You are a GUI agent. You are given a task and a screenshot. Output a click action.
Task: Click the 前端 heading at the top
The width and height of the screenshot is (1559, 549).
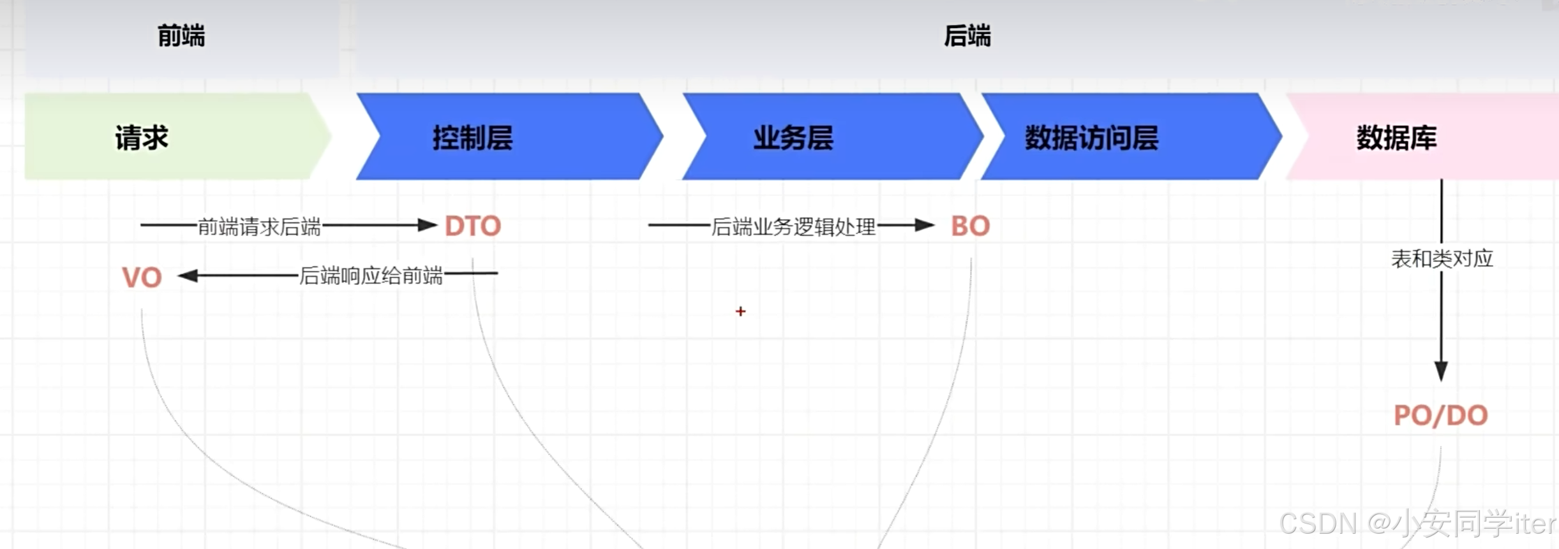181,36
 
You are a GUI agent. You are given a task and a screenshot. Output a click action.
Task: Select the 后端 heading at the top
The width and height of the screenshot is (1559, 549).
967,36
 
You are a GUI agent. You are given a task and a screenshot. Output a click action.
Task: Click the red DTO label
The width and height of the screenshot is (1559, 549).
473,226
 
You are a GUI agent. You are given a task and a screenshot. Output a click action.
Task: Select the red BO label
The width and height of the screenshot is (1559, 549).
970,226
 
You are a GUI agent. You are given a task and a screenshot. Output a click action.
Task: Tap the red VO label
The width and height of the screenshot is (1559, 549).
142,278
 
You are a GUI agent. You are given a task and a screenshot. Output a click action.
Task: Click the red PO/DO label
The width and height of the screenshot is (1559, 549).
1440,416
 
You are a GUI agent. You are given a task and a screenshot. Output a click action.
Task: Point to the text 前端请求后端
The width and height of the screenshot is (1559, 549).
259,226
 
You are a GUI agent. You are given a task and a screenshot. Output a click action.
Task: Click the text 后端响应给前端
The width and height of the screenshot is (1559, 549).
371,275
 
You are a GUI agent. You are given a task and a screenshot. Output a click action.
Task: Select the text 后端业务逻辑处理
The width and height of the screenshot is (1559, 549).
793,226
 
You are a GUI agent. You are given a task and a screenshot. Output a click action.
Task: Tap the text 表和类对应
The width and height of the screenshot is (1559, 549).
1442,259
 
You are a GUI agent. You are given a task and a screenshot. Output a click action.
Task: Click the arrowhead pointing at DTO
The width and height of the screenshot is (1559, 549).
427,225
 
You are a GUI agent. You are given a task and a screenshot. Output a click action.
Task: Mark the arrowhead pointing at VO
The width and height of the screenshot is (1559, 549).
188,275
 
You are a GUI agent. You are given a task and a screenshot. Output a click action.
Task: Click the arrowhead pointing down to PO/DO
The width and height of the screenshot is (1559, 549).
1441,370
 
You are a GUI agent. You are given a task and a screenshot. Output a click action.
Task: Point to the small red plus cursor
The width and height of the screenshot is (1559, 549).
740,311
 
